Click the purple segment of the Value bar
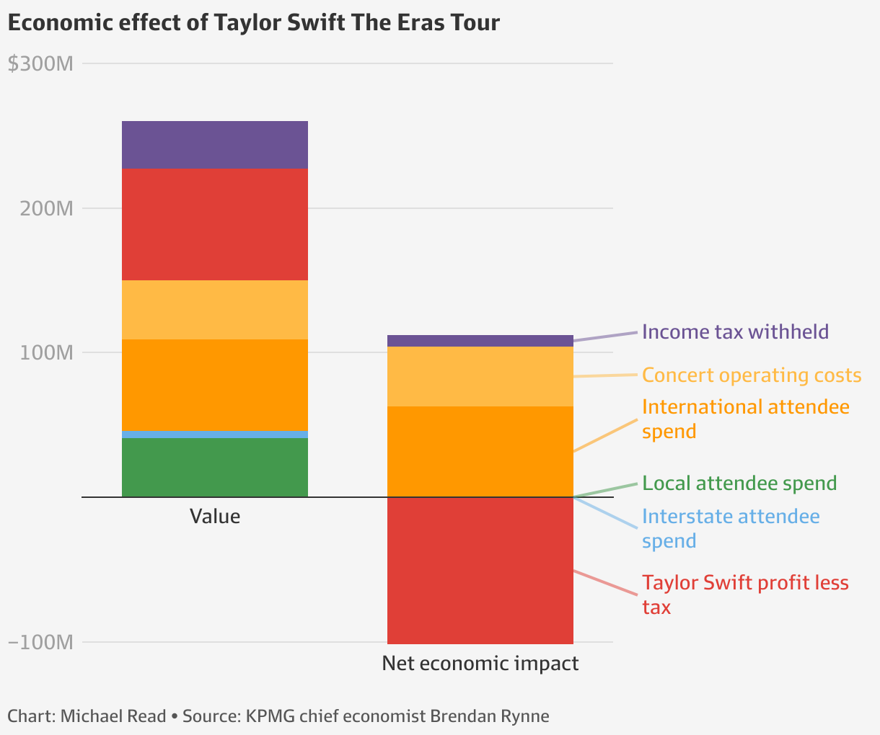(x=214, y=144)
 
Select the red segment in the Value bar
(x=214, y=224)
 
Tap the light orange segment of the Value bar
(x=214, y=309)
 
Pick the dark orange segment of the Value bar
(x=214, y=384)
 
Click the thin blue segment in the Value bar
(x=214, y=434)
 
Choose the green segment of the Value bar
(x=214, y=467)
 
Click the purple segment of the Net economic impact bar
(x=480, y=341)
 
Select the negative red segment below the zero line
(x=480, y=570)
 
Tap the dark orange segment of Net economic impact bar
(x=480, y=451)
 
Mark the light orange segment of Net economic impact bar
(x=480, y=376)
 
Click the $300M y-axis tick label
(x=40, y=64)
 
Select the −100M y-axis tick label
(x=40, y=642)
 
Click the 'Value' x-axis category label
(x=214, y=517)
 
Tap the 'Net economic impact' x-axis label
(x=480, y=663)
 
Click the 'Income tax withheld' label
(x=735, y=332)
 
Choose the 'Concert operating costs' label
(x=751, y=375)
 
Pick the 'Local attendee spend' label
(x=739, y=484)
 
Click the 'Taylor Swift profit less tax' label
(x=745, y=594)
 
